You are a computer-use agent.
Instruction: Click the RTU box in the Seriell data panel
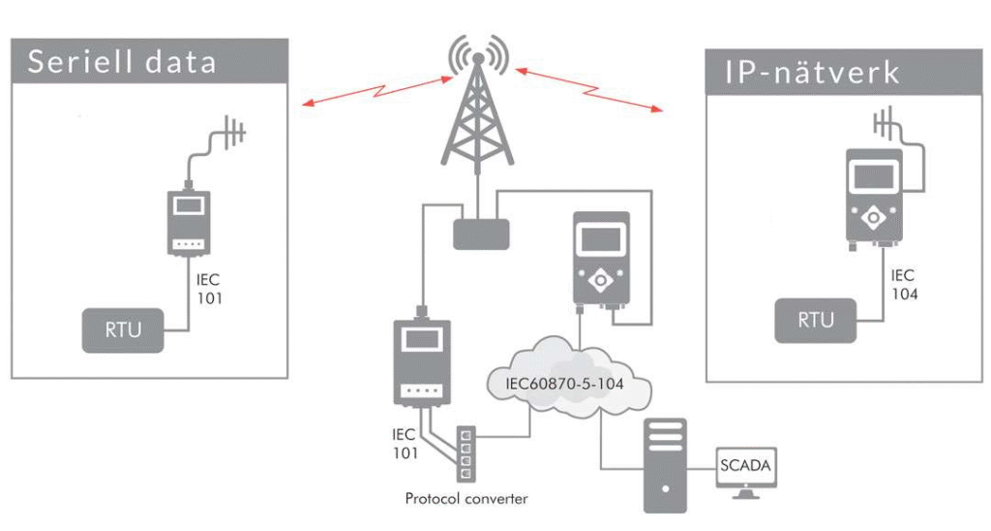point(123,329)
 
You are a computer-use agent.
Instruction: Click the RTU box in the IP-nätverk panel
point(815,320)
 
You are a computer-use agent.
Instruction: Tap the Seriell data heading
point(122,62)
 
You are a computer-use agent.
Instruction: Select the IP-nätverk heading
point(812,72)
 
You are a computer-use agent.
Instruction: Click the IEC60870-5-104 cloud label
point(564,383)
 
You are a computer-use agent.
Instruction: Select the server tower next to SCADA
point(665,464)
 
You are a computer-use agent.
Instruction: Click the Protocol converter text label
point(466,499)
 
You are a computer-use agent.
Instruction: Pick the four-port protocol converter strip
point(466,453)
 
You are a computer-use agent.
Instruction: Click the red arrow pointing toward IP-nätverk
point(589,89)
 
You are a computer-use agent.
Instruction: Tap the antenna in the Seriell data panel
point(232,134)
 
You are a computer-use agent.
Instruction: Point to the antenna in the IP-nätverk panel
point(885,123)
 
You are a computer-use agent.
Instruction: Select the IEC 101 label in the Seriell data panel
point(209,289)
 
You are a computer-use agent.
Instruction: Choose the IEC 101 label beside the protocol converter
point(405,444)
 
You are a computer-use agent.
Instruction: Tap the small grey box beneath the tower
point(481,234)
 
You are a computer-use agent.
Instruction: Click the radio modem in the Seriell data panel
point(189,222)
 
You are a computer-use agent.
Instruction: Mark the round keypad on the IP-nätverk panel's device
point(874,218)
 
